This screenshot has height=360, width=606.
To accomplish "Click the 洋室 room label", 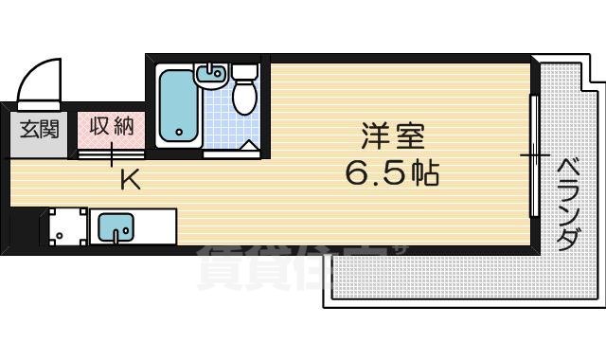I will [x=384, y=135].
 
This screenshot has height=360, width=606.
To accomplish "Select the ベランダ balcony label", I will [x=565, y=204].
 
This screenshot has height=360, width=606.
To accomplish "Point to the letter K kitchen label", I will [x=130, y=178].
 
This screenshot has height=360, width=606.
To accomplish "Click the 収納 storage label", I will [x=112, y=126].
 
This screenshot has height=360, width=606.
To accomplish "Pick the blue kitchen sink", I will [x=116, y=227].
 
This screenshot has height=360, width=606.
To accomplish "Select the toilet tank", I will [x=244, y=71].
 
